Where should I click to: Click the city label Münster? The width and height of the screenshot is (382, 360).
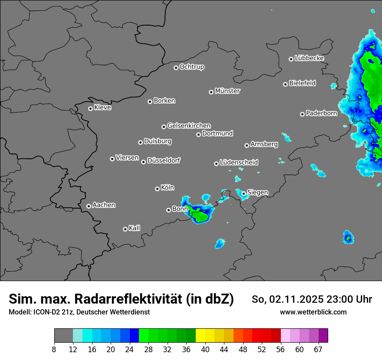coord(227,91)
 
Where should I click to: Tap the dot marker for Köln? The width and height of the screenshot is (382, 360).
coord(157,189)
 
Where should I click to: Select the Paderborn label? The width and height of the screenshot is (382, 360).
coord(321,114)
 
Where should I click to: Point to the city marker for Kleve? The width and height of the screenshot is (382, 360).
coord(90,108)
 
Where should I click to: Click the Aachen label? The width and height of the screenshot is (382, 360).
coord(104,205)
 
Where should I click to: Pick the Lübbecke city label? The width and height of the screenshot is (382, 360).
coord(309,58)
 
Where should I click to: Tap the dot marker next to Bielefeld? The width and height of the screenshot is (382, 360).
coord(285,84)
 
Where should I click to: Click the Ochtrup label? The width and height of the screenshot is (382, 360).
coord(191,67)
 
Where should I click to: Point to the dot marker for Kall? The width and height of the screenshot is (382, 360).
coord(125,229)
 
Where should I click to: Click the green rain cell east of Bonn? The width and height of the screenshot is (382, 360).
coord(200,215)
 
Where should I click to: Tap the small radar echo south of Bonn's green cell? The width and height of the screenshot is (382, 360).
coord(220,243)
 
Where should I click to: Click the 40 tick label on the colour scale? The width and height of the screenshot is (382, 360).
coord(205,349)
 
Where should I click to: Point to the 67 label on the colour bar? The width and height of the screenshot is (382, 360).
coord(318,349)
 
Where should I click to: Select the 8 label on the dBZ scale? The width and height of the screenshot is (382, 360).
coord(55,349)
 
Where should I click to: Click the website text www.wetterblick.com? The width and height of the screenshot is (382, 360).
coord(313,312)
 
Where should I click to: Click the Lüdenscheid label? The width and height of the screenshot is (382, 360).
coord(239,163)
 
